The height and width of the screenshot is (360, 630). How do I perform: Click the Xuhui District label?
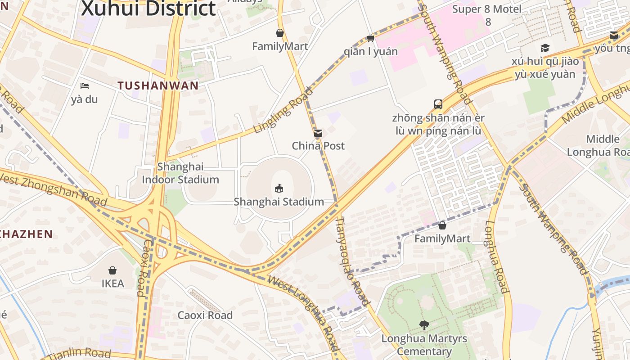coord(148,8)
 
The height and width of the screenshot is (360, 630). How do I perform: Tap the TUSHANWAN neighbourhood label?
coord(158,85)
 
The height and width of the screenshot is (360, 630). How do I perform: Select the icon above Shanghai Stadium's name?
coord(279,188)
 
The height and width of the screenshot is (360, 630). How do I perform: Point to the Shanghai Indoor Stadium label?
coord(180,173)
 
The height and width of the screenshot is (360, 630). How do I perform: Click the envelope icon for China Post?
coord(318,133)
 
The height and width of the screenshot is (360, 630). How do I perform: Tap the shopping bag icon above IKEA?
coord(112,270)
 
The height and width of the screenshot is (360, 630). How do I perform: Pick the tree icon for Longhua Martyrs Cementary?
coord(424,325)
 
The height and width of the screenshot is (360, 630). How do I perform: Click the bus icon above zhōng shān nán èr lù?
coord(438,104)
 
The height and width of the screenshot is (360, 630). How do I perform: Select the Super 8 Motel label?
coord(487,9)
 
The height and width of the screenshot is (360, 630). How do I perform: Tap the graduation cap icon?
coord(545,48)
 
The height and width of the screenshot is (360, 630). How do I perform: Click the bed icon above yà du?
coord(85,86)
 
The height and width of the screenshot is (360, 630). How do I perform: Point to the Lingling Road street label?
coord(283,110)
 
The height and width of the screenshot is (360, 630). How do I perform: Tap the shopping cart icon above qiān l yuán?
coord(370,38)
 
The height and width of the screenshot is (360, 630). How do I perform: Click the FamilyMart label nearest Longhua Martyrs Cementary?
coord(442,238)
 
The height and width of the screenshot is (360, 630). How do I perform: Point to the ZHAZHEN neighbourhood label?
coord(27,234)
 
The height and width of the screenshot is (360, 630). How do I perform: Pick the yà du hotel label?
coord(85,99)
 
